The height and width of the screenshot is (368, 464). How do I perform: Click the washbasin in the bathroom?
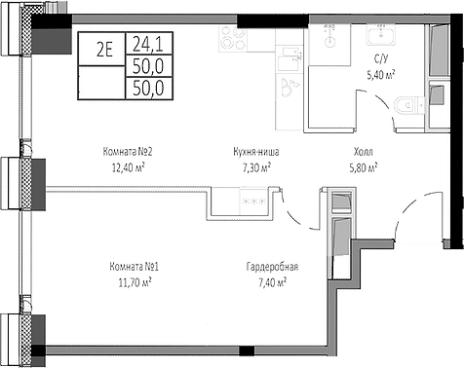[x=380, y=37]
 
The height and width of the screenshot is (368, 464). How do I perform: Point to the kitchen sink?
[x=290, y=88]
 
